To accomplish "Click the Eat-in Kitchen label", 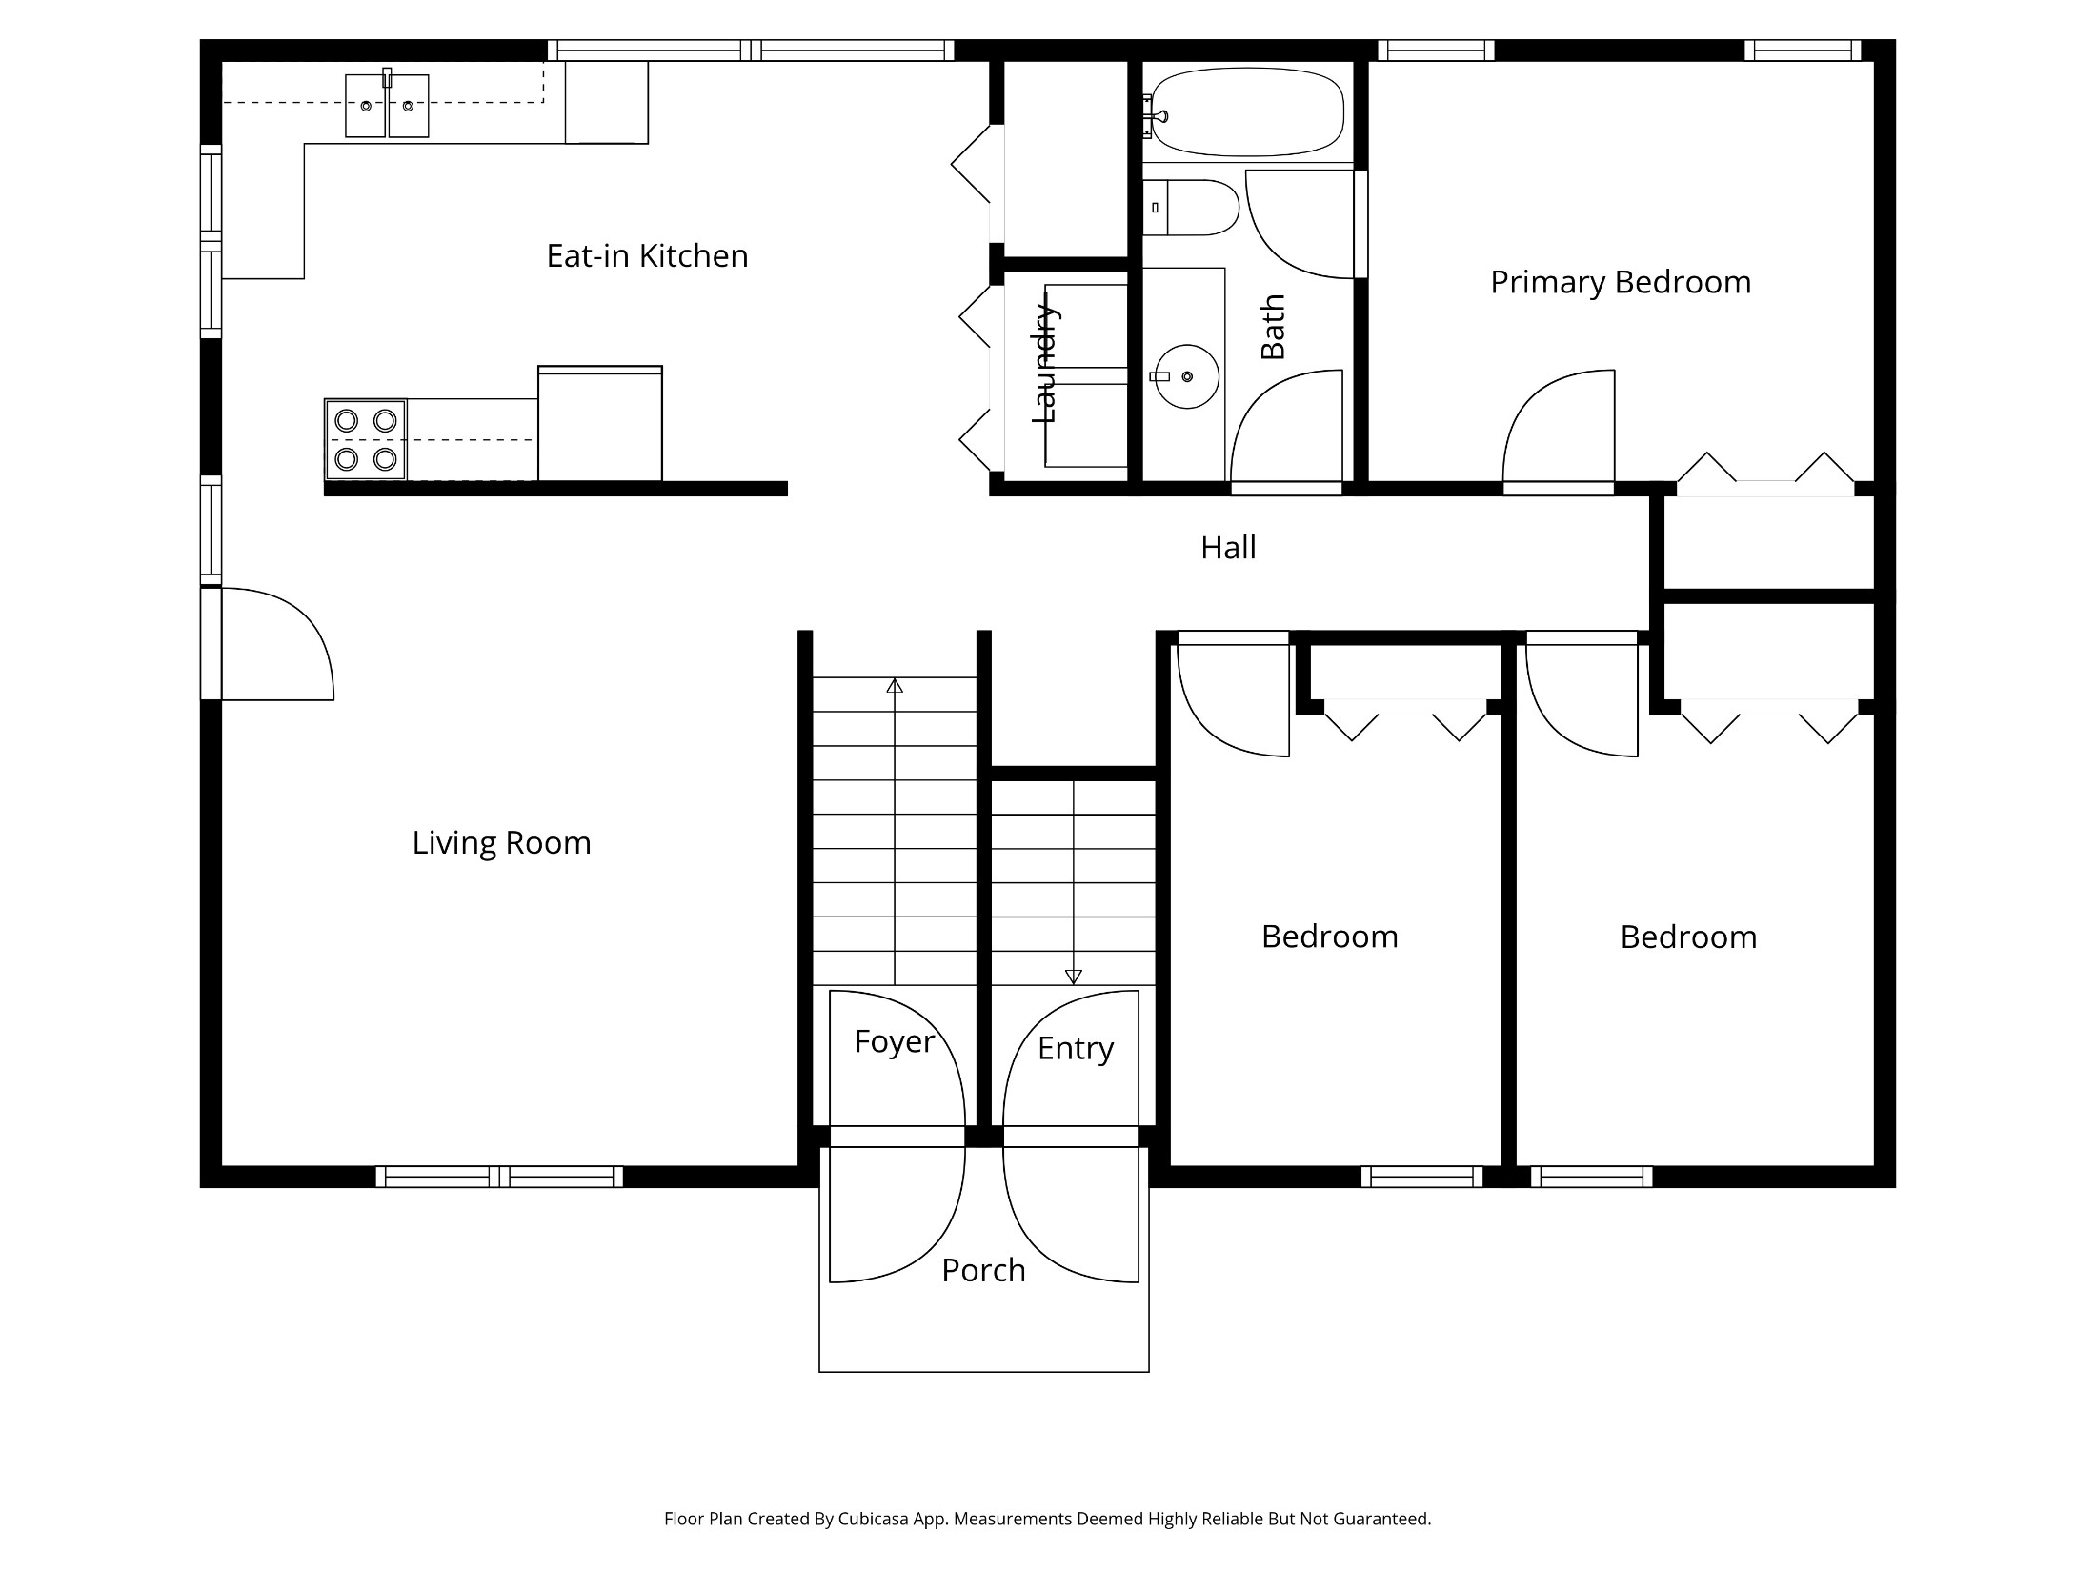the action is [647, 255].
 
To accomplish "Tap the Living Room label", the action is [501, 843].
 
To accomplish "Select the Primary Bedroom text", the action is [1621, 283].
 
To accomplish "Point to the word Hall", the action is [1228, 548].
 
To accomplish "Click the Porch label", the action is [983, 1271].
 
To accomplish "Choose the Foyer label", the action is [894, 1042].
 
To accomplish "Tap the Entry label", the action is [1076, 1049].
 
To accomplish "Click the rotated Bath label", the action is [1273, 327].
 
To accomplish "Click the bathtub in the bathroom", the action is [1247, 112].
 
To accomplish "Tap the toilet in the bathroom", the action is [1191, 208].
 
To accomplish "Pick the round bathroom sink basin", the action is [1187, 376].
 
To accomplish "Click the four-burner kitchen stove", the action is [366, 439].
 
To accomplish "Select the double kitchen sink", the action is [387, 106].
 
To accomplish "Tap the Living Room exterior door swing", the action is [277, 644].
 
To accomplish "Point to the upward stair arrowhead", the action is [895, 685].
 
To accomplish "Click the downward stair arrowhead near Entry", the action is [1074, 977].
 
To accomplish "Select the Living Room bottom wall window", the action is [499, 1177].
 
